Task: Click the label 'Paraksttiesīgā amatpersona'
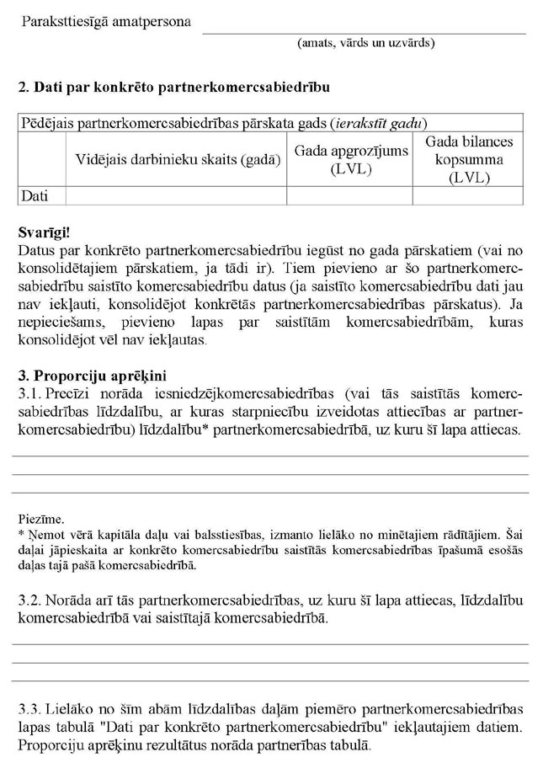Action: click(x=107, y=22)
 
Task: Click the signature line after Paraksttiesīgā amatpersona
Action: click(x=364, y=32)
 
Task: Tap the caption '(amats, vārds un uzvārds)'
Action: click(x=365, y=43)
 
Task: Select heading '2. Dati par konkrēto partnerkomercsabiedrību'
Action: click(x=173, y=88)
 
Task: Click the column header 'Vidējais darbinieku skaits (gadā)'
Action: click(x=175, y=159)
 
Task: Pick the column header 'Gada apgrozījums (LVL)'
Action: click(x=349, y=159)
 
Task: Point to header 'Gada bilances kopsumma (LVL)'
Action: click(x=468, y=159)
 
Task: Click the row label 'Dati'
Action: click(x=35, y=195)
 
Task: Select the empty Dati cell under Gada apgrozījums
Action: click(x=349, y=195)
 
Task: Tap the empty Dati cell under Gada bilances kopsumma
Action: click(x=468, y=195)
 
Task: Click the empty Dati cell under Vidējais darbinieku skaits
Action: click(x=175, y=195)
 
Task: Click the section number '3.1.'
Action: click(x=30, y=393)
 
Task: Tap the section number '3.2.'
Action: click(x=30, y=600)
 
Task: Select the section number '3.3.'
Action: click(x=30, y=708)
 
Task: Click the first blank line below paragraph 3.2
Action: click(x=269, y=643)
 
